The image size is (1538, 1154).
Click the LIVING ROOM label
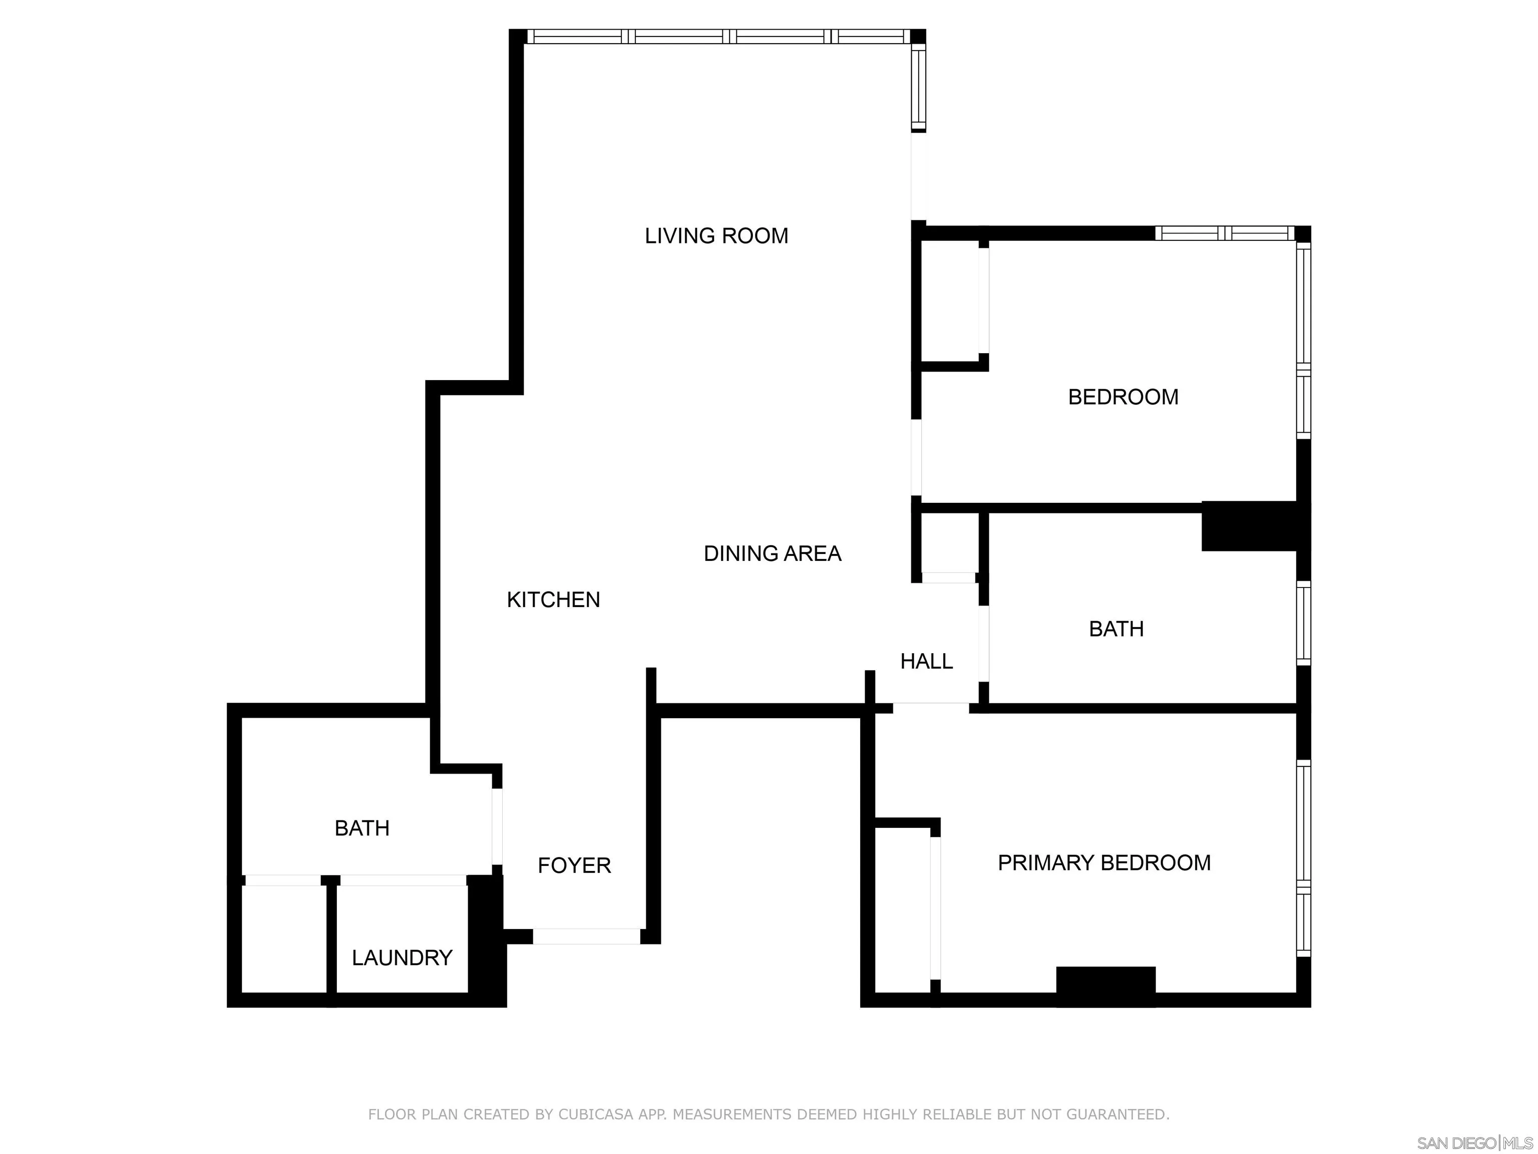pyautogui.click(x=716, y=236)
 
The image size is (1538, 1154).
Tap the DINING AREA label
pyautogui.click(x=773, y=553)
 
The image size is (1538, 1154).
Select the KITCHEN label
pyautogui.click(x=553, y=600)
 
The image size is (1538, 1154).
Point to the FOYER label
pyautogui.click(x=574, y=865)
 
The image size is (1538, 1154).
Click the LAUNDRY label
pyautogui.click(x=402, y=958)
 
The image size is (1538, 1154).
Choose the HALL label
pyautogui.click(x=926, y=661)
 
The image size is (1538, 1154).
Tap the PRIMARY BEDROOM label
pyautogui.click(x=1104, y=862)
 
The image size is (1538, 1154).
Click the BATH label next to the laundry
pyautogui.click(x=361, y=828)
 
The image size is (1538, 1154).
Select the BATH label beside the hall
pyautogui.click(x=1116, y=629)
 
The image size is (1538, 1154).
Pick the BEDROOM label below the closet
pyautogui.click(x=1123, y=397)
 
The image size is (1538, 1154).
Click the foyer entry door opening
pyautogui.click(x=586, y=936)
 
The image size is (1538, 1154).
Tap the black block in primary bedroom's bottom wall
pyautogui.click(x=1105, y=986)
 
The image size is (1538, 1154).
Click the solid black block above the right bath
pyautogui.click(x=1250, y=526)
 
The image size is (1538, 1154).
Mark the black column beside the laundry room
pyautogui.click(x=486, y=939)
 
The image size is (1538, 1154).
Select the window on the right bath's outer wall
pyautogui.click(x=1304, y=623)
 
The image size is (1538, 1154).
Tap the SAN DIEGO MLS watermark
pyautogui.click(x=1474, y=1143)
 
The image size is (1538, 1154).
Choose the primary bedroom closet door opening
pyautogui.click(x=935, y=908)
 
